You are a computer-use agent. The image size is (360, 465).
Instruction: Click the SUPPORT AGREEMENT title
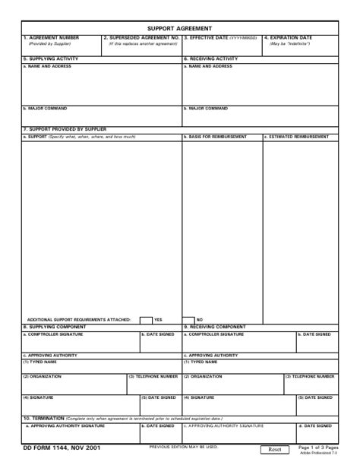[x=179, y=28]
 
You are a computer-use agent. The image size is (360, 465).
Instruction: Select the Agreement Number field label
[x=51, y=38]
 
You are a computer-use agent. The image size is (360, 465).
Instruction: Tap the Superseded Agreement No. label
[x=141, y=38]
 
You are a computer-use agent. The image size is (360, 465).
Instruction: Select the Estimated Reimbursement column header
[x=297, y=137]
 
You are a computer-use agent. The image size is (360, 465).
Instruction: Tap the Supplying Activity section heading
[x=51, y=59]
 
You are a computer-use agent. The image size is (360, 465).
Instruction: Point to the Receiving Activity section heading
[x=210, y=59]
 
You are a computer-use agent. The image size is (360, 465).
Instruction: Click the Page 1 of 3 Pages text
[x=318, y=448]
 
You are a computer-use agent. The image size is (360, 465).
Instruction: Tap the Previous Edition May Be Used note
[x=183, y=447]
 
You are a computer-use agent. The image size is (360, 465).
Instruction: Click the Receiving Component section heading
[x=214, y=327]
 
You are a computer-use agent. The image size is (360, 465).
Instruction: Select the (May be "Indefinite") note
[x=289, y=44]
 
